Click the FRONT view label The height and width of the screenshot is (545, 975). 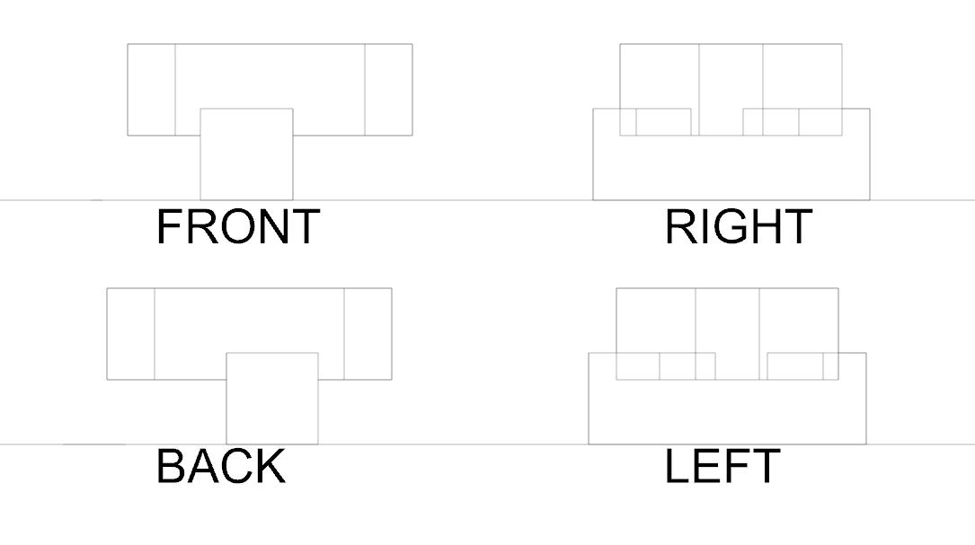pyautogui.click(x=237, y=226)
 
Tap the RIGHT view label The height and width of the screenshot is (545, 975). pyautogui.click(x=738, y=226)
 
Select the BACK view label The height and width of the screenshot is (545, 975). pyautogui.click(x=220, y=467)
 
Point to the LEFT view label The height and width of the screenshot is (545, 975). pyautogui.click(x=722, y=467)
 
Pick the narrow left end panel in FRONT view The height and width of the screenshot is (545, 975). pyautogui.click(x=151, y=90)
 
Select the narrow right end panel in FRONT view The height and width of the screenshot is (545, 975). pyautogui.click(x=388, y=90)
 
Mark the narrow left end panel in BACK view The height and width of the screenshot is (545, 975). pyautogui.click(x=130, y=334)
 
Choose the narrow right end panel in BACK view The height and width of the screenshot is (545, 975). pyautogui.click(x=368, y=334)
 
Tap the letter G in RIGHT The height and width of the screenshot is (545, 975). pyautogui.click(x=733, y=226)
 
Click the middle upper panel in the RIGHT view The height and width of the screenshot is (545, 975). pyautogui.click(x=731, y=76)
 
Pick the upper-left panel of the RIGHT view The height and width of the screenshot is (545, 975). pyautogui.click(x=659, y=76)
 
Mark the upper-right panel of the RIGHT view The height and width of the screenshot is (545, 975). pyautogui.click(x=802, y=76)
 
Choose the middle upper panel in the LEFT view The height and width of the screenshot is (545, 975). pyautogui.click(x=727, y=321)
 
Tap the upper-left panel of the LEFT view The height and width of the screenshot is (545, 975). pyautogui.click(x=655, y=321)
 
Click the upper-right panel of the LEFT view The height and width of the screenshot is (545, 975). pyautogui.click(x=798, y=321)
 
